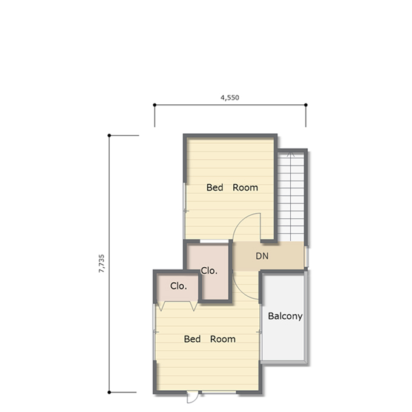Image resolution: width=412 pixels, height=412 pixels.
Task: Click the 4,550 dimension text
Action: click(x=230, y=98)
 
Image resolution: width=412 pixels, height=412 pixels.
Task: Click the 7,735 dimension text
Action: click(x=101, y=264)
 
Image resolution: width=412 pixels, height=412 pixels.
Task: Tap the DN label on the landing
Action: click(x=262, y=256)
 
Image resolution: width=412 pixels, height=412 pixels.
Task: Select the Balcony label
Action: click(x=285, y=316)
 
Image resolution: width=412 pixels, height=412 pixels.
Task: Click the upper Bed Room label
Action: click(x=232, y=188)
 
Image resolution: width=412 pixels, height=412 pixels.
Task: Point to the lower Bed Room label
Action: click(x=210, y=339)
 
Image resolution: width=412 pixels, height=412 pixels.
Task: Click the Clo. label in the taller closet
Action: click(x=209, y=271)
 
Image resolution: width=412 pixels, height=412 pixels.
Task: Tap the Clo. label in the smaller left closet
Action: click(x=178, y=286)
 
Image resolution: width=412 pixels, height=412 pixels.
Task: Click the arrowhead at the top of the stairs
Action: click(x=291, y=154)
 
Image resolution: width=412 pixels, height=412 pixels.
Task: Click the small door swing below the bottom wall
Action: click(x=193, y=397)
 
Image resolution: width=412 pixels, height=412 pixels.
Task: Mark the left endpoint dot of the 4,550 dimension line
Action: click(x=154, y=105)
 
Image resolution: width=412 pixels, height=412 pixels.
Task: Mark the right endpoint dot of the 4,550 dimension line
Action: click(x=306, y=105)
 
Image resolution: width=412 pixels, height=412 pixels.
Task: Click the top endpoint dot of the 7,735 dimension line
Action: click(x=109, y=136)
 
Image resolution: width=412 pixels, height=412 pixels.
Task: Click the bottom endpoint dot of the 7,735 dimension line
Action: click(x=109, y=392)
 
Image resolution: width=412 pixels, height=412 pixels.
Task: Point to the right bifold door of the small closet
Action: click(x=194, y=307)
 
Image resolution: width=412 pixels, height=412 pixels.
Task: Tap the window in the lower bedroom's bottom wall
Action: click(x=219, y=392)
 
